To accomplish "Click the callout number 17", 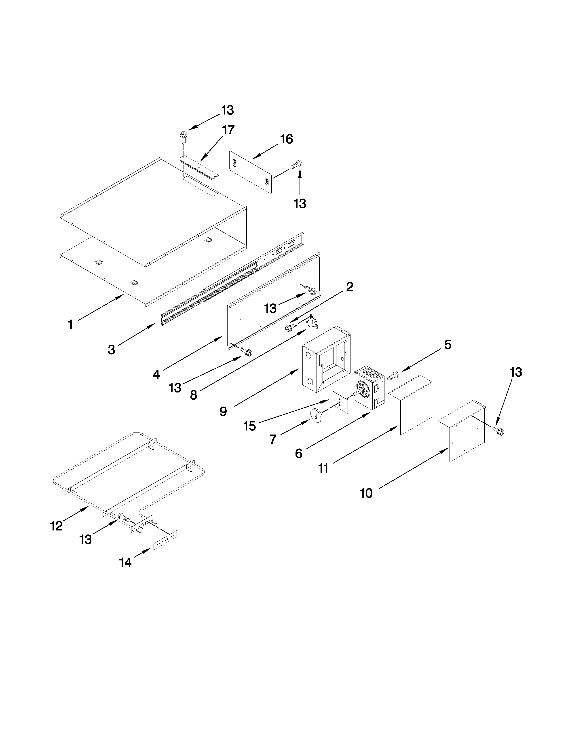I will coord(228,130).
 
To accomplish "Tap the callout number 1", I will coord(70,325).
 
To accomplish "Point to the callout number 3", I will coord(112,350).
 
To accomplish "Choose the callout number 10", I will coord(366,493).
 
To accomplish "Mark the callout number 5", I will coord(448,345).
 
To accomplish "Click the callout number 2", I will coord(350,287).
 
